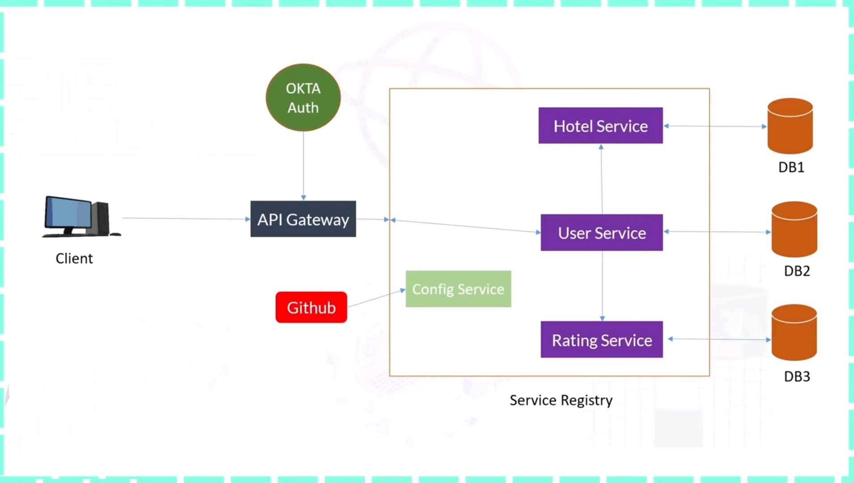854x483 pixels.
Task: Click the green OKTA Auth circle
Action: coord(303,97)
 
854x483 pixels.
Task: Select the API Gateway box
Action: coord(303,219)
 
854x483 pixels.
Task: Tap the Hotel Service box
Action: coord(600,126)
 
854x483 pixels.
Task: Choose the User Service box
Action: coord(602,233)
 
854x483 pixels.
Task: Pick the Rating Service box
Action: coord(602,340)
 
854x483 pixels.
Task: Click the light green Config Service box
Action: coord(458,289)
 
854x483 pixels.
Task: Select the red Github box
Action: coord(311,307)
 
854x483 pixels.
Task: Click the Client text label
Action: coord(74,258)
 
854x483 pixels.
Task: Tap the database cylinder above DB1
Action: coord(790,126)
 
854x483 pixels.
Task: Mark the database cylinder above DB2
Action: coord(795,229)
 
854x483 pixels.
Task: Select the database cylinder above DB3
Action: coord(795,333)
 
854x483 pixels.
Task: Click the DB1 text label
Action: coord(791,167)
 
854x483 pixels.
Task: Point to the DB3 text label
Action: coord(797,377)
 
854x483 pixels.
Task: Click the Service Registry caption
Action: coord(561,400)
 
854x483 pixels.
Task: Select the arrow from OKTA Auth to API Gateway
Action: coord(303,165)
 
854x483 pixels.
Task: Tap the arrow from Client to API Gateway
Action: coord(186,219)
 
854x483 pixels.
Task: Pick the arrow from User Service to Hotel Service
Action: coord(602,179)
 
